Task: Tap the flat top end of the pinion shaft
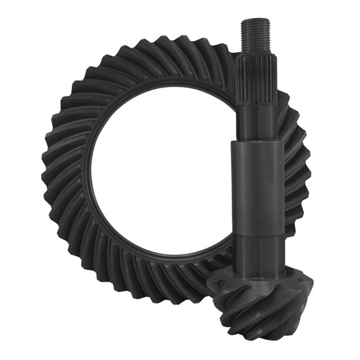[255, 21]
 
